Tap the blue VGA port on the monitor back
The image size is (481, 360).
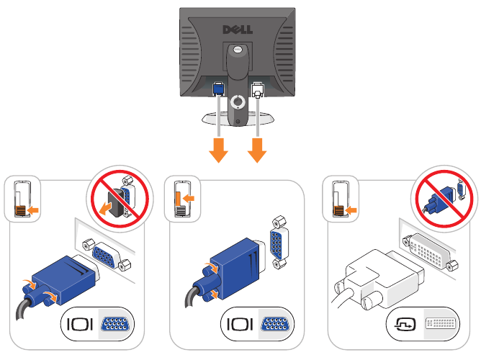(219, 90)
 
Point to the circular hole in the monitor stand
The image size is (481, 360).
(238, 102)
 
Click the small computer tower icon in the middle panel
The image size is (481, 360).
(181, 199)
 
